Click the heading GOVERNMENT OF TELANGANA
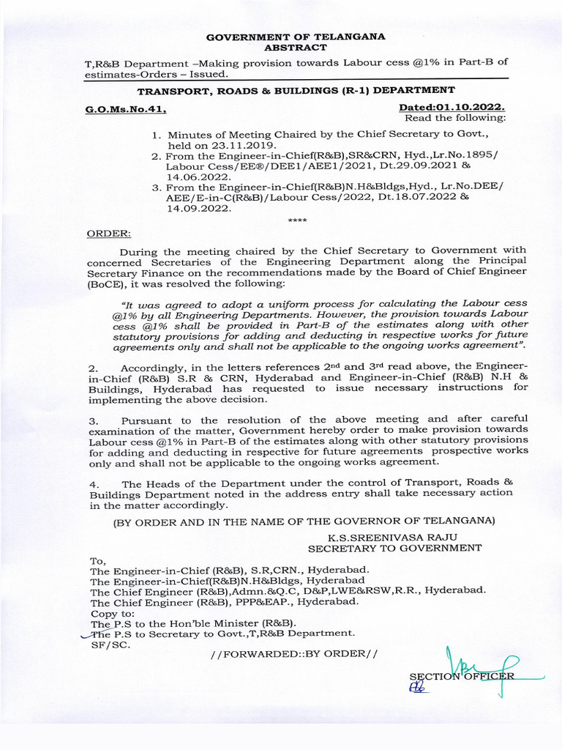click(x=295, y=37)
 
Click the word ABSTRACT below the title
click(x=295, y=47)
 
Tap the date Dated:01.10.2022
click(x=452, y=108)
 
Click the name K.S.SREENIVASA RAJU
click(x=395, y=537)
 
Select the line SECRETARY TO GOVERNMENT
click(x=394, y=548)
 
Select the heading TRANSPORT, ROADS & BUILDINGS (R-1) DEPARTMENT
click(x=296, y=90)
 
